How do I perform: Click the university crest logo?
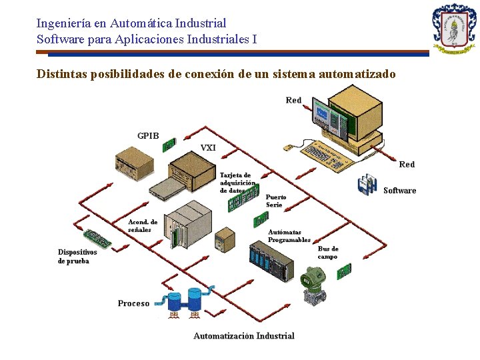(454, 29)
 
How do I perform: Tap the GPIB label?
(148, 136)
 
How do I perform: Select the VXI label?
(208, 148)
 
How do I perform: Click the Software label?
(399, 191)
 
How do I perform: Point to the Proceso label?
(133, 303)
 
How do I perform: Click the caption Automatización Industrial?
(243, 336)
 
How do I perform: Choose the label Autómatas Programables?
(289, 236)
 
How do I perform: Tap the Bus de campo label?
(327, 253)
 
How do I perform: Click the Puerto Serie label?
(276, 201)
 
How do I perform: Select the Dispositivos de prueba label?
(77, 257)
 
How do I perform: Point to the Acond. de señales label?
(143, 225)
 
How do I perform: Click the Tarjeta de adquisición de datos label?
(237, 183)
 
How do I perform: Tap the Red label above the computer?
(293, 100)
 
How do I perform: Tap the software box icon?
(367, 185)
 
